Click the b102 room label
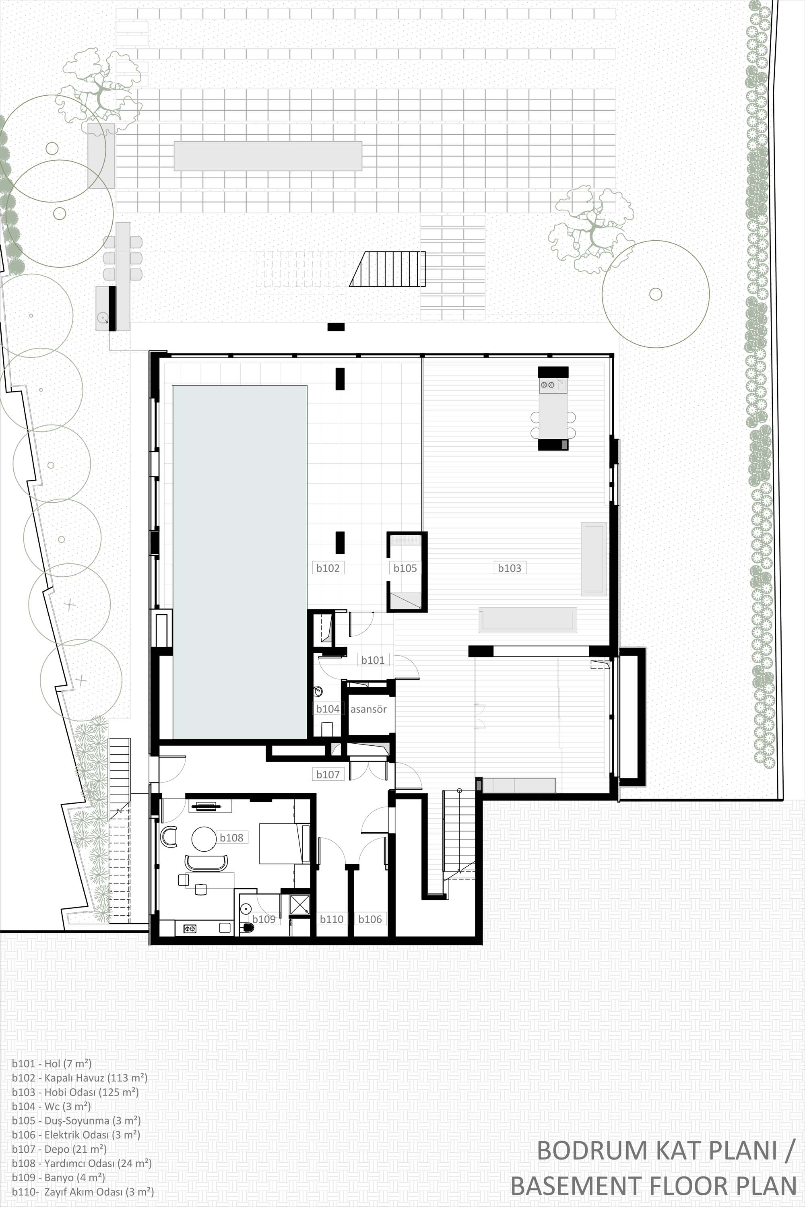point(328,568)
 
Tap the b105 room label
point(405,568)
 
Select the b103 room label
point(509,568)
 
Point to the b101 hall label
point(373,660)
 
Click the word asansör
point(369,709)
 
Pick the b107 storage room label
point(328,774)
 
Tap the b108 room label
point(231,838)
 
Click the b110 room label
point(332,919)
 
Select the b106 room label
point(370,919)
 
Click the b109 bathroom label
point(264,919)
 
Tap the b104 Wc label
point(328,709)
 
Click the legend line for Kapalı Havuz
point(80,1078)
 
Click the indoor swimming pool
point(240,562)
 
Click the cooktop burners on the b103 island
point(547,384)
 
